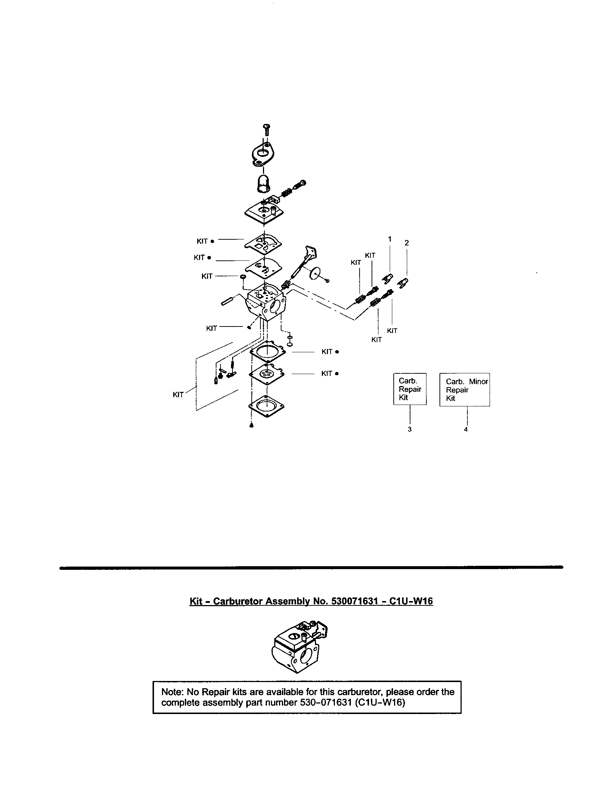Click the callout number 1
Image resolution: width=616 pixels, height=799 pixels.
390,239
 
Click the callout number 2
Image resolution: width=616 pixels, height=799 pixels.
406,243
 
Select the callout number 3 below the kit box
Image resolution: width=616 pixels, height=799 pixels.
410,429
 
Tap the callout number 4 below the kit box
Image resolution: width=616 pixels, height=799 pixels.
466,430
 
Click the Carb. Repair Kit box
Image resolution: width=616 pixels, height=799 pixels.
410,389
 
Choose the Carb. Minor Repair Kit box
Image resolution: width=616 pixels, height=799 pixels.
464,390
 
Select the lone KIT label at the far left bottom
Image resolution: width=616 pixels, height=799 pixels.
178,395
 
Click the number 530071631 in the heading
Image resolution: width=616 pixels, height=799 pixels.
354,601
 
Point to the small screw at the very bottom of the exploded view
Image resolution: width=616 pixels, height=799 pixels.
251,426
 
